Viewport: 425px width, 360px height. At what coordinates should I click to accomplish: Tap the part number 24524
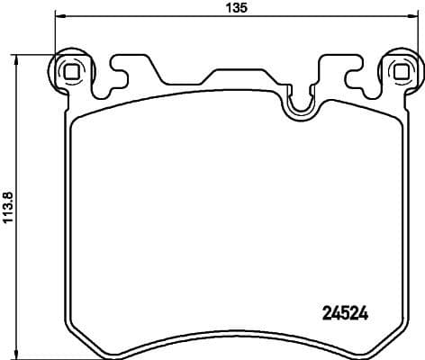pos(346,314)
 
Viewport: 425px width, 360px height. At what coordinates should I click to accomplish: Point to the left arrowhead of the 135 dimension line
pos(59,15)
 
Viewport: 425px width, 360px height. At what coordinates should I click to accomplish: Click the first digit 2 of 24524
pos(327,314)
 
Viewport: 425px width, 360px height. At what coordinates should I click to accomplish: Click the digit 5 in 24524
pos(346,314)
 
